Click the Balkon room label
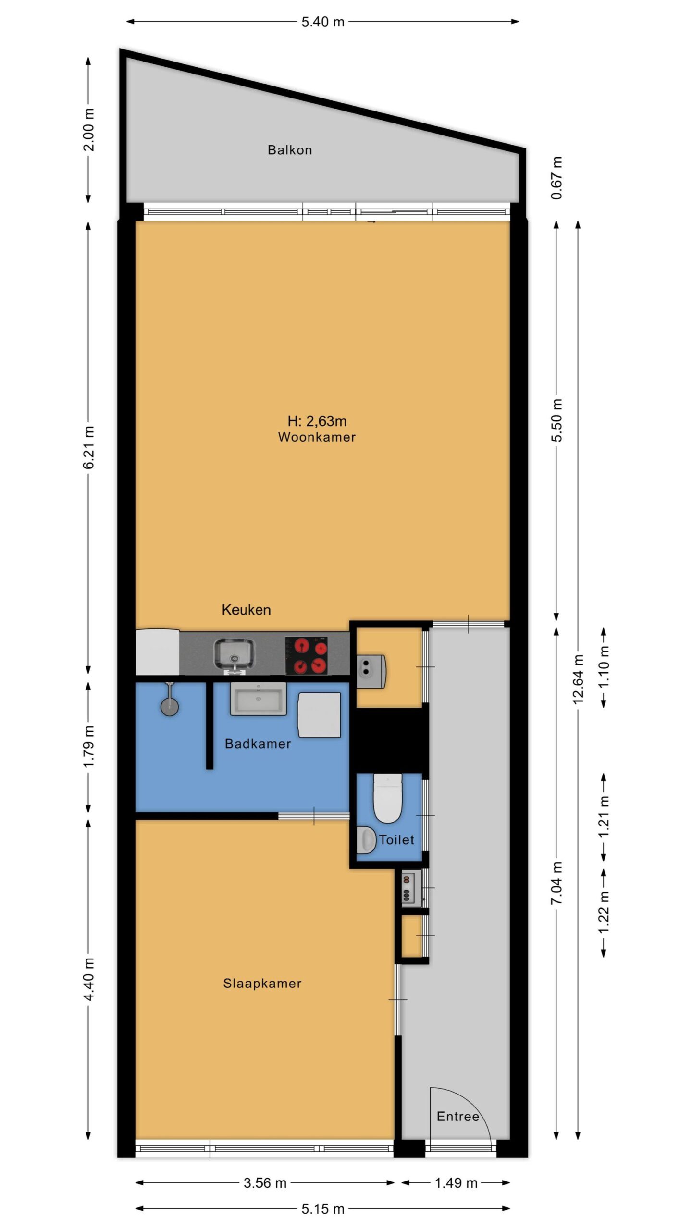click(290, 150)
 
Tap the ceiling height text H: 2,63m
click(317, 421)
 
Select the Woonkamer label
click(317, 437)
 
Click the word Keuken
click(246, 610)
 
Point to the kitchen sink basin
click(234, 653)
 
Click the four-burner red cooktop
click(307, 655)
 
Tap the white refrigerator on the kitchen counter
click(157, 652)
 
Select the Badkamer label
click(258, 744)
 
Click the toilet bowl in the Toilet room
click(387, 798)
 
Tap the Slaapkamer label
click(262, 983)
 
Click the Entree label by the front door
click(458, 1116)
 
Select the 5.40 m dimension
click(323, 22)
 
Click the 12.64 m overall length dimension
click(578, 679)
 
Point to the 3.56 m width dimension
click(265, 1182)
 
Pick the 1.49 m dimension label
click(456, 1182)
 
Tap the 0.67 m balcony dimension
click(557, 178)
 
